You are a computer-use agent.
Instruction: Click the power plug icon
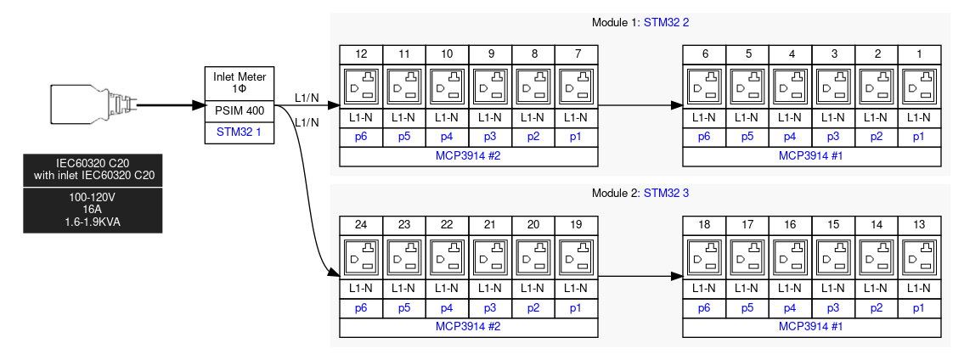(x=93, y=105)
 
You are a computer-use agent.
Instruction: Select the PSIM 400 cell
(x=240, y=111)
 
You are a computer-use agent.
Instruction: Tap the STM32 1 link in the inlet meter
(x=240, y=132)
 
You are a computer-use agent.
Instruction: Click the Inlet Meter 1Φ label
(x=240, y=83)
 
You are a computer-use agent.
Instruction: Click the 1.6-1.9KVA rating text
(x=93, y=222)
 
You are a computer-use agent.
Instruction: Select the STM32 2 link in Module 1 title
(x=667, y=23)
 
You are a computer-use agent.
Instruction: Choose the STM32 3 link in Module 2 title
(x=667, y=194)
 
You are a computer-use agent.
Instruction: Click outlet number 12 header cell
(x=362, y=54)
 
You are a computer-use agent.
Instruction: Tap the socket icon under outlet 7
(x=577, y=87)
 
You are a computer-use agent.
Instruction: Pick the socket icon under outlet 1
(x=919, y=87)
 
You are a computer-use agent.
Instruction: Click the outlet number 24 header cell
(x=362, y=225)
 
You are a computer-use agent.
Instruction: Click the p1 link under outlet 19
(x=576, y=308)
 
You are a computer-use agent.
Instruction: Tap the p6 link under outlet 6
(x=704, y=138)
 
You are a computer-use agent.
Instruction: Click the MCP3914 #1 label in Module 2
(x=811, y=327)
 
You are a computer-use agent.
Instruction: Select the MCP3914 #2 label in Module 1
(x=469, y=156)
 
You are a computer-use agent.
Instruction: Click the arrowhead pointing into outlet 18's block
(x=677, y=277)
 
